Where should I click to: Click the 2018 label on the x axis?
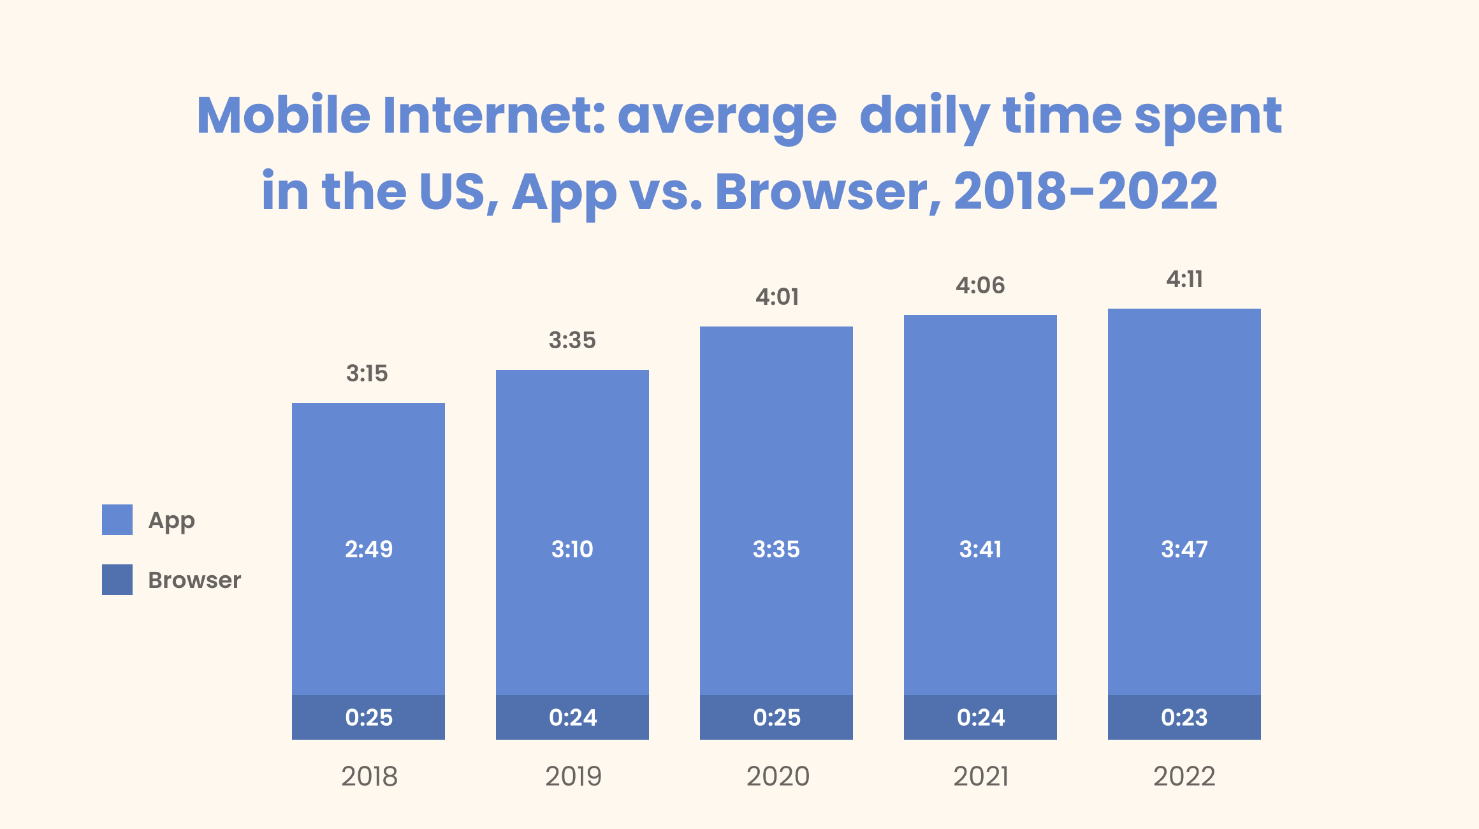[x=369, y=776]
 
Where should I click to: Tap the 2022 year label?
[x=1184, y=776]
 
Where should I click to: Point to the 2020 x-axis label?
[x=777, y=776]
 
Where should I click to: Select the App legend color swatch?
[x=117, y=520]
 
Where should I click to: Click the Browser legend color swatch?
[x=117, y=580]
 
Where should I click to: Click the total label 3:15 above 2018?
[x=367, y=373]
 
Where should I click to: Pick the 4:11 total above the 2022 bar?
[x=1184, y=279]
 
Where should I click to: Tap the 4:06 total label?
[x=980, y=285]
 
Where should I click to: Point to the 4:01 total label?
[x=776, y=297]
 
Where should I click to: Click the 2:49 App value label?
[x=368, y=549]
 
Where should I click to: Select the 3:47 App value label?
[x=1184, y=549]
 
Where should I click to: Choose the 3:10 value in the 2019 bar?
[x=572, y=549]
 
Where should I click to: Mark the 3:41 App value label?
[x=980, y=549]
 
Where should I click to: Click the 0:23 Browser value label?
[x=1184, y=717]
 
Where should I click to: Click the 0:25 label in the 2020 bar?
[x=776, y=717]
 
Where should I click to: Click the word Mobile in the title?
[x=284, y=115]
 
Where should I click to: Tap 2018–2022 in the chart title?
[x=1086, y=191]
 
